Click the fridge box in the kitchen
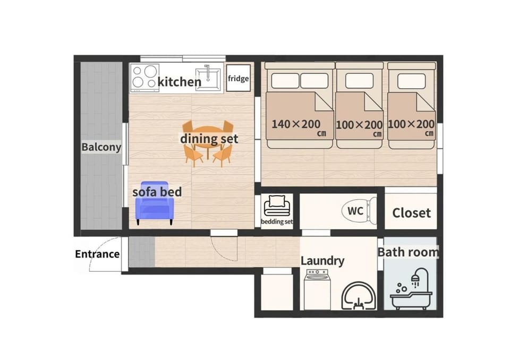(x=239, y=78)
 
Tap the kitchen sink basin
(x=208, y=79)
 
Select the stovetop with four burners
(x=144, y=78)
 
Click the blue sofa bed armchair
(x=155, y=203)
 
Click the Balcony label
(x=101, y=147)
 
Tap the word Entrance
(x=97, y=254)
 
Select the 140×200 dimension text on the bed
(x=296, y=124)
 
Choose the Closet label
(x=411, y=213)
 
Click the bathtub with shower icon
(x=411, y=289)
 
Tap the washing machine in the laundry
(x=318, y=289)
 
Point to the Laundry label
(x=322, y=261)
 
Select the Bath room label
(x=408, y=252)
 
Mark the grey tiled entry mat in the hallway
(x=142, y=252)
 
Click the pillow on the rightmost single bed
(x=411, y=81)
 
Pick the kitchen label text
(x=180, y=82)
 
